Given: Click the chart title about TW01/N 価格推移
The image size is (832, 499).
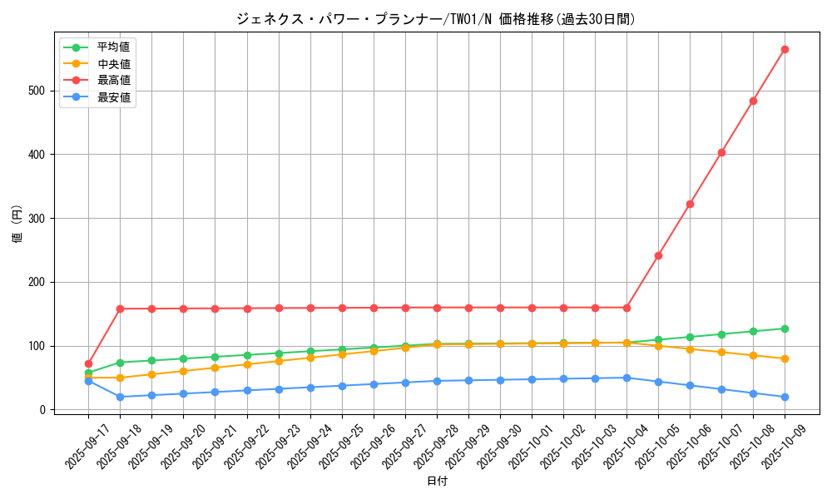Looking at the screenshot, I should pos(435,19).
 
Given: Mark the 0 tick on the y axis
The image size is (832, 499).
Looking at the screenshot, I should pos(47,410).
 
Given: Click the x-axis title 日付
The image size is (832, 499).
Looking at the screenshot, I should pos(437,482).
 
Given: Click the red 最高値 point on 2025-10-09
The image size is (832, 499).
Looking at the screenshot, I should pos(785,49).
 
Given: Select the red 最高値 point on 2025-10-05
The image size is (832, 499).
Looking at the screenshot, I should pos(658,255).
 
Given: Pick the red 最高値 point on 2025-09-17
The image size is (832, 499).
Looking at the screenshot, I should pos(88,363).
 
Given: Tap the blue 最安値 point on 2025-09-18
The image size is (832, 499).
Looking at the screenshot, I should pos(120,397).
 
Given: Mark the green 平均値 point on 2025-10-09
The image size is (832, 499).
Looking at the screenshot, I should pos(785,329).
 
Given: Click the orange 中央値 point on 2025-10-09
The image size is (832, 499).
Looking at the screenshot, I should pos(785,358).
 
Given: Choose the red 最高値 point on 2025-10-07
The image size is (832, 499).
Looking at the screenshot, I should pos(721,152).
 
